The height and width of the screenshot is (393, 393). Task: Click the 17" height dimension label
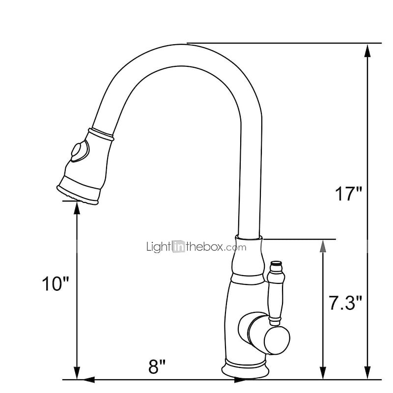348,194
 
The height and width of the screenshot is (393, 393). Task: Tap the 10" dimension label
56,284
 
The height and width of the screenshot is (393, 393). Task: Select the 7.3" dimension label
345,303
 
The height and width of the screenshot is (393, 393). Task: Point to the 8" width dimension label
157,366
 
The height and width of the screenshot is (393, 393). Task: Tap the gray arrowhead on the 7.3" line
323,246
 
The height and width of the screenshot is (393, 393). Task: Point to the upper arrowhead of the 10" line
77,207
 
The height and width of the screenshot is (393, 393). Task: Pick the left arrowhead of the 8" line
88,380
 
